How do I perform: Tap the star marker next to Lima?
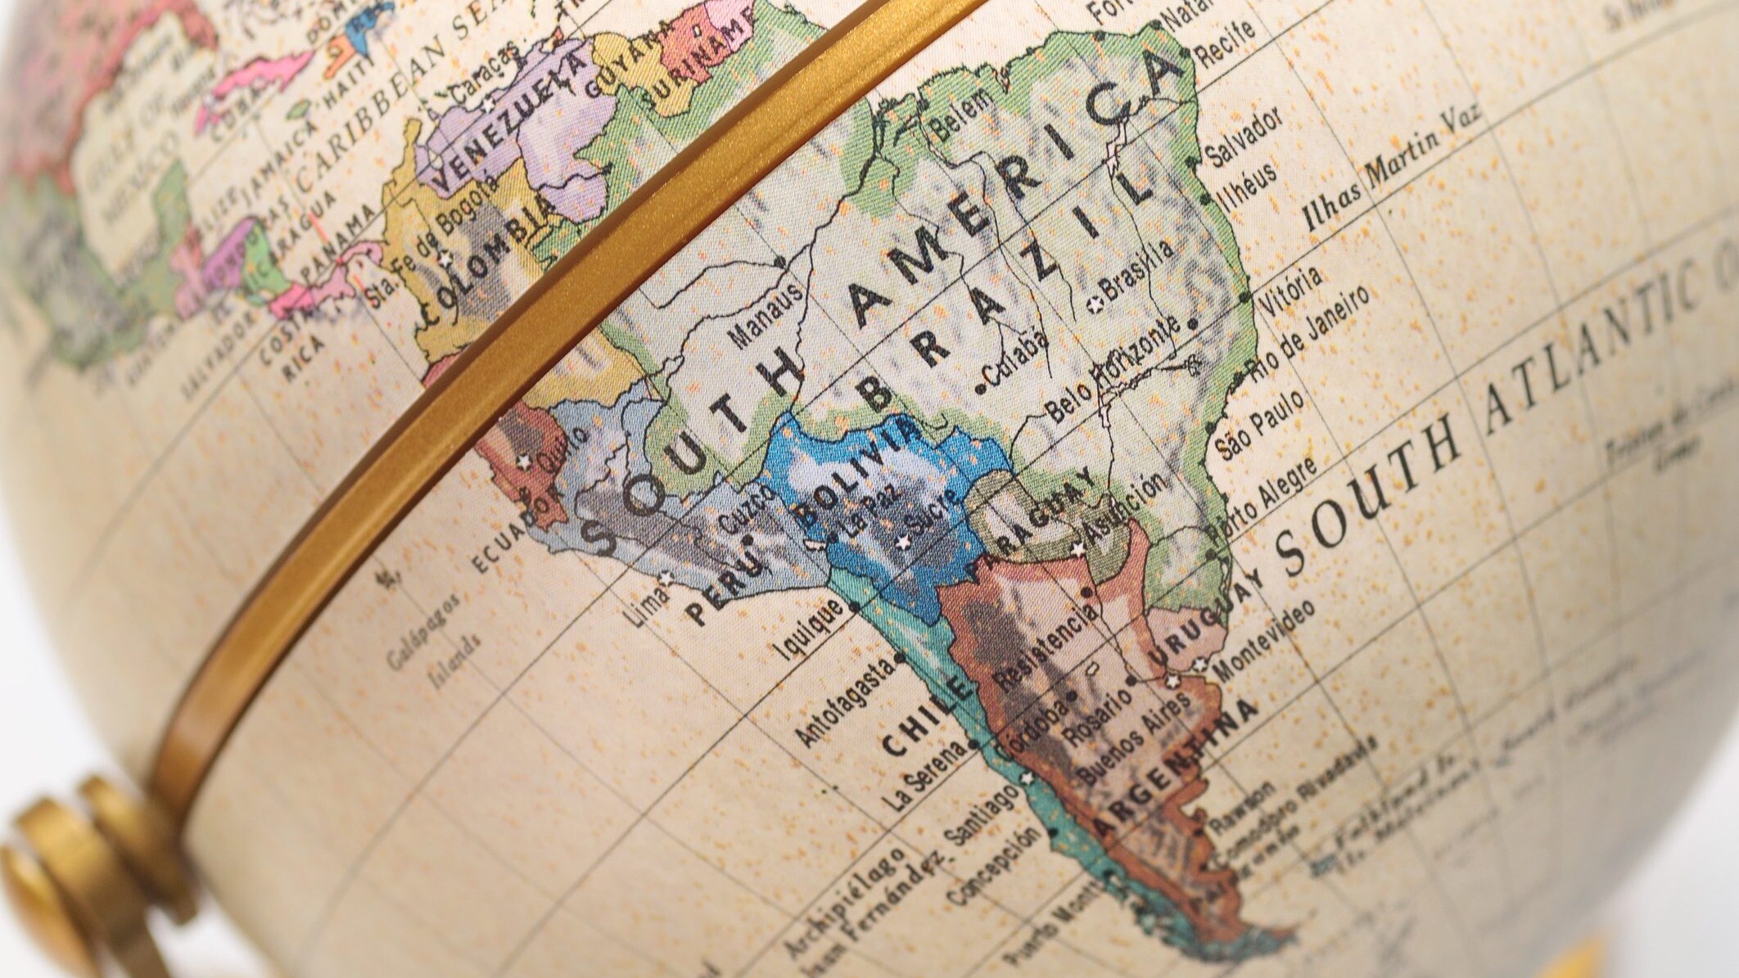(x=665, y=579)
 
